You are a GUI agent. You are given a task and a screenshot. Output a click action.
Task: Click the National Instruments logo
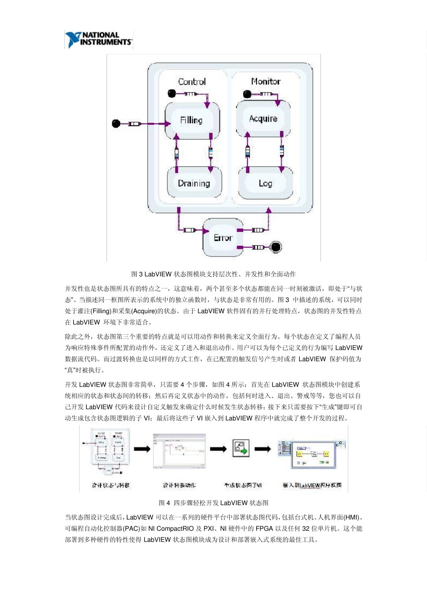pyautogui.click(x=99, y=40)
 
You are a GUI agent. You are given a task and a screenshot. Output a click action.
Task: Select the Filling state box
pyautogui.click(x=192, y=120)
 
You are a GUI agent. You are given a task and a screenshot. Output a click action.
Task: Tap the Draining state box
pyautogui.click(x=194, y=183)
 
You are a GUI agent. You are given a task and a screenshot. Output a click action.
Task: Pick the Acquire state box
pyautogui.click(x=263, y=119)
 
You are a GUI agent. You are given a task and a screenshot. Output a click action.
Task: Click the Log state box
pyautogui.click(x=265, y=183)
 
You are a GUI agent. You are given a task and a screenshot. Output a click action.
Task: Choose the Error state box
pyautogui.click(x=223, y=237)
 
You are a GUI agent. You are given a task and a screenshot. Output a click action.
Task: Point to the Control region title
pyautogui.click(x=192, y=82)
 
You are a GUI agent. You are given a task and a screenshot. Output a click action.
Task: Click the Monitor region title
pyautogui.click(x=266, y=81)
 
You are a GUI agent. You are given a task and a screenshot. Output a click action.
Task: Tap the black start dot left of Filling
pyautogui.click(x=116, y=124)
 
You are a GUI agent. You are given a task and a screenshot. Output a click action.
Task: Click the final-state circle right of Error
pyautogui.click(x=276, y=247)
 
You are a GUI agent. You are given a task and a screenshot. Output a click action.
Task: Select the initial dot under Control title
pyautogui.click(x=171, y=93)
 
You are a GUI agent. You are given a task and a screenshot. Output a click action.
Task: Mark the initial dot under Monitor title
pyautogui.click(x=246, y=94)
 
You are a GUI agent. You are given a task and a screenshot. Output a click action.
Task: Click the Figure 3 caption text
pyautogui.click(x=213, y=274)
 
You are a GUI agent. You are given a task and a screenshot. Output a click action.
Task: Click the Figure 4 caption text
pyautogui.click(x=213, y=503)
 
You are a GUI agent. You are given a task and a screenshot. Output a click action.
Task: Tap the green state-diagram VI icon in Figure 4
pyautogui.click(x=241, y=448)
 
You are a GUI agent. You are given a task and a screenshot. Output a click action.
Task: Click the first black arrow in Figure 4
pyautogui.click(x=142, y=449)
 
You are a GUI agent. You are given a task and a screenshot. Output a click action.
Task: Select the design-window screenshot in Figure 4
pyautogui.click(x=179, y=451)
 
